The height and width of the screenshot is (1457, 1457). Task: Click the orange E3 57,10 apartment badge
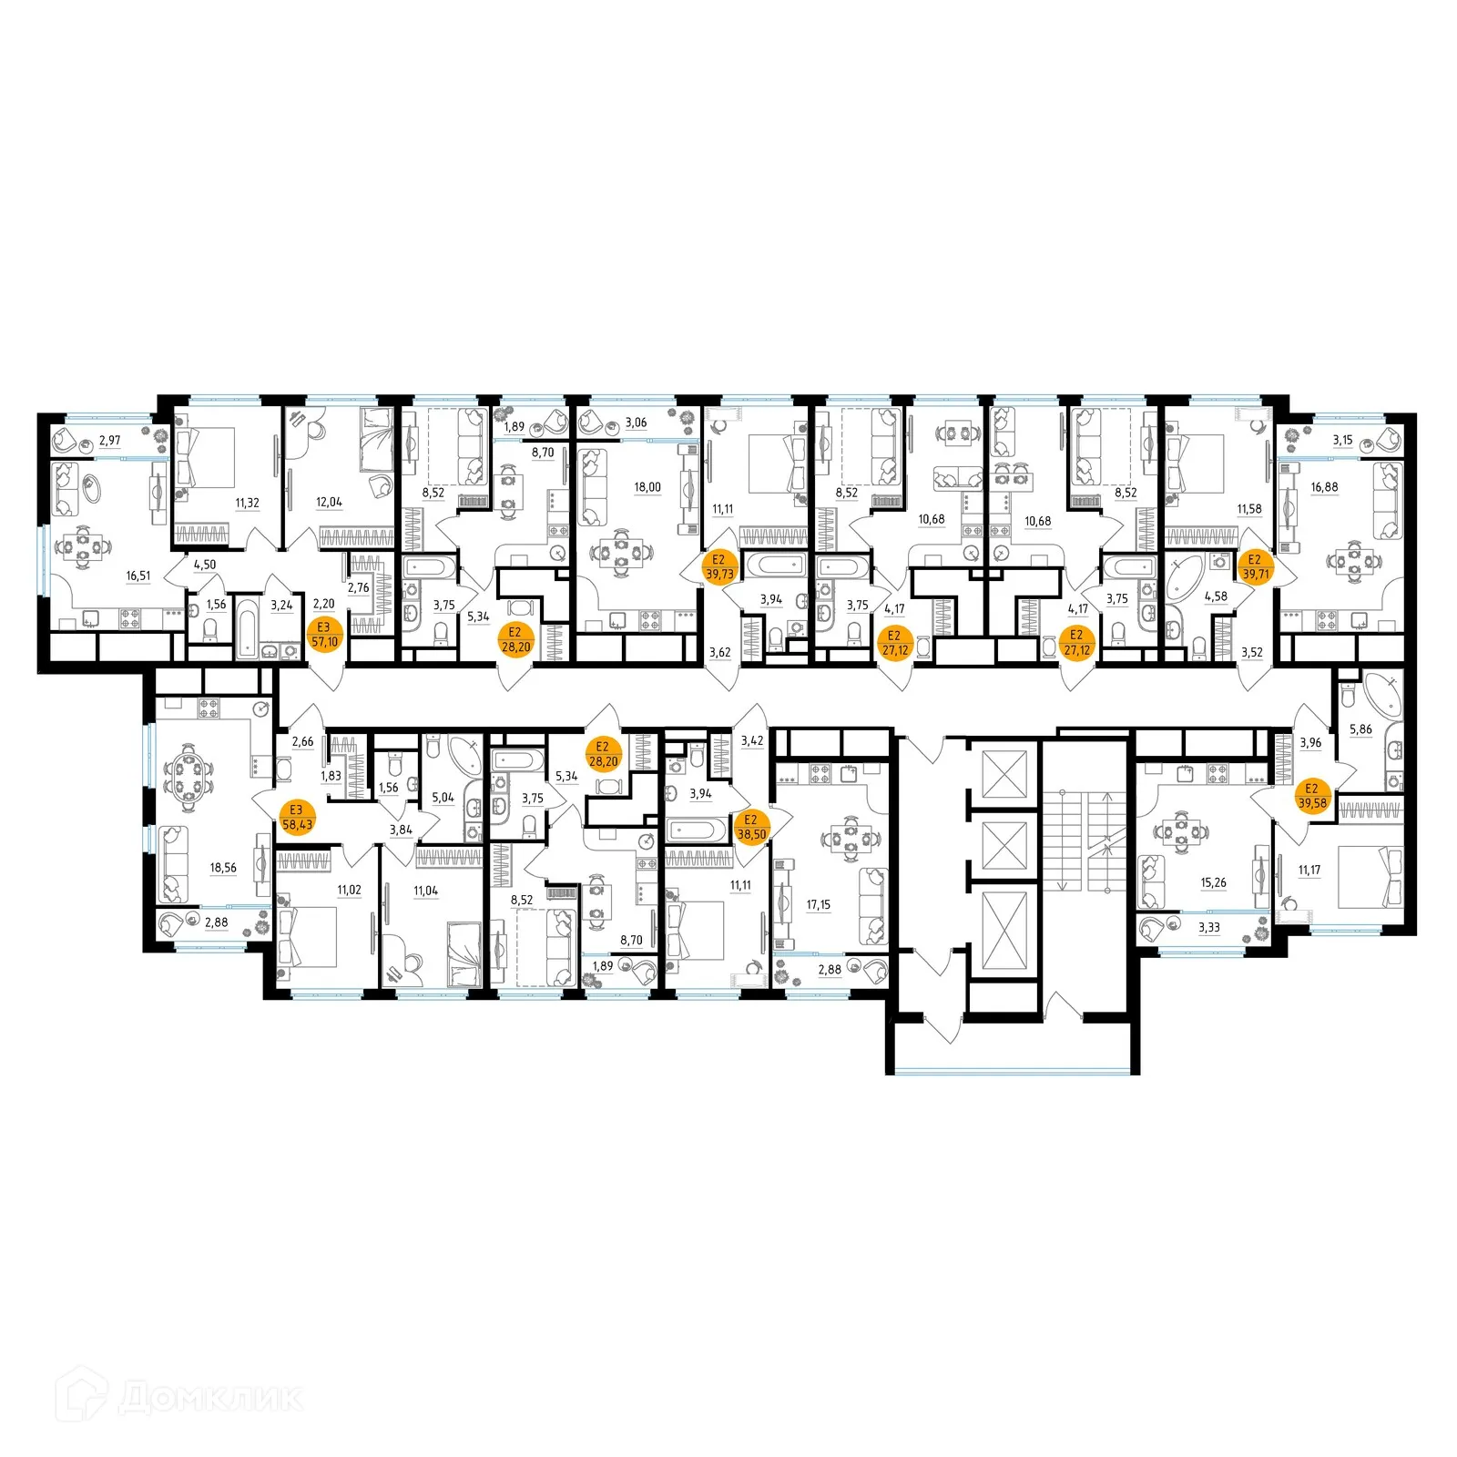(x=324, y=635)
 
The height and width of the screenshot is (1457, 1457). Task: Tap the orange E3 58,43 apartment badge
(x=297, y=817)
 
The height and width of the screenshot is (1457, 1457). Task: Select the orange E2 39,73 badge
(x=719, y=567)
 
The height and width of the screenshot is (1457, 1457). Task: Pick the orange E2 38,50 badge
(x=751, y=827)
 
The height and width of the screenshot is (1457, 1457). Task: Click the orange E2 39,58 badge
(x=1312, y=796)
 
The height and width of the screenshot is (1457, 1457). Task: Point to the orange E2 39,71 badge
(x=1255, y=567)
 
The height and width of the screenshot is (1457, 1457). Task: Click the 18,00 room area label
(x=647, y=487)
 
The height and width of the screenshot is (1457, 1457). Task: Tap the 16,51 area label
(x=138, y=576)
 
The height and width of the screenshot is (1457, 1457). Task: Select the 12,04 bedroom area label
(x=329, y=502)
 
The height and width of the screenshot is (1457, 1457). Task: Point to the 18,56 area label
(x=223, y=868)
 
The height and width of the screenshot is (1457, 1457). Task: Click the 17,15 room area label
(x=818, y=904)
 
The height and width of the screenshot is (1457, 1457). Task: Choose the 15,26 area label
(x=1213, y=882)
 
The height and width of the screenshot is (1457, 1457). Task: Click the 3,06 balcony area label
(x=636, y=423)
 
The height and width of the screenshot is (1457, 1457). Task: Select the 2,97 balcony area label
(x=109, y=441)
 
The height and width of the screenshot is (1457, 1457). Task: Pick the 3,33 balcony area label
(x=1209, y=928)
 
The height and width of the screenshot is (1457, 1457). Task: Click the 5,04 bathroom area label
(x=443, y=798)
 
